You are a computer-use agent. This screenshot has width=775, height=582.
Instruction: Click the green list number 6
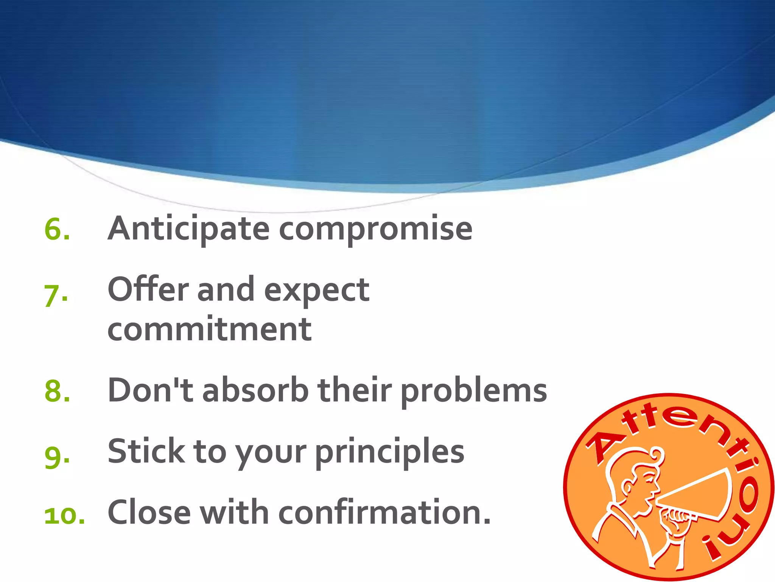57,229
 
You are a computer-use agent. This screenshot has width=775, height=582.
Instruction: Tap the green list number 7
56,296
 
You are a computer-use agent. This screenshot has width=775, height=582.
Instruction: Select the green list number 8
57,391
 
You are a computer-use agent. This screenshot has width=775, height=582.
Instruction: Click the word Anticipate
188,229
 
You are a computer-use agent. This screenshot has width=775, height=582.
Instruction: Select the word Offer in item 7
148,289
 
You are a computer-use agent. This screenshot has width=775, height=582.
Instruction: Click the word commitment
210,329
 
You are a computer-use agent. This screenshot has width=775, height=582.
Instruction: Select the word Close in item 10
149,512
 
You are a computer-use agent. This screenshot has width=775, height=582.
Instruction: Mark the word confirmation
384,512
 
